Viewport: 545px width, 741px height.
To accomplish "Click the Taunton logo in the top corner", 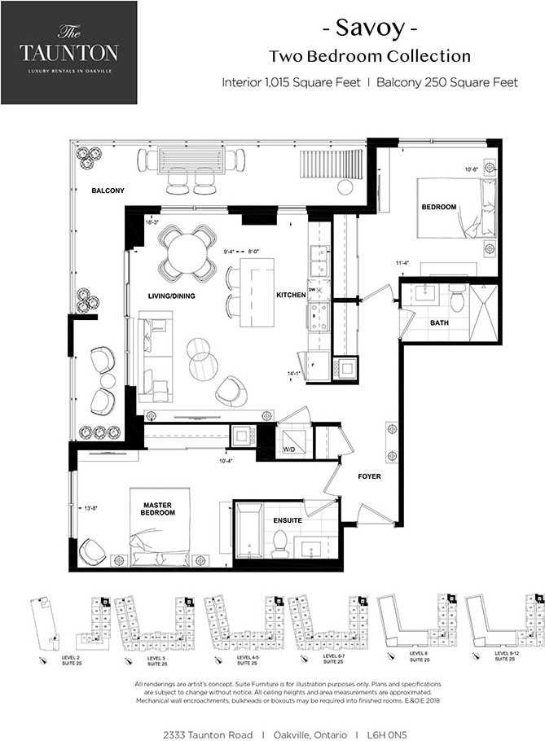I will pyautogui.click(x=69, y=52).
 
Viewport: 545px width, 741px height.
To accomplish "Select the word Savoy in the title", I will pyautogui.click(x=370, y=29).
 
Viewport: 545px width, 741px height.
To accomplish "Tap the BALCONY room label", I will pyautogui.click(x=108, y=191).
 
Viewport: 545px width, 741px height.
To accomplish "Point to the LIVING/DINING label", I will pyautogui.click(x=171, y=296).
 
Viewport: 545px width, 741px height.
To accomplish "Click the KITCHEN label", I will pyautogui.click(x=291, y=294).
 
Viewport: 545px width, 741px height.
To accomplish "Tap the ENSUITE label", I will pyautogui.click(x=288, y=520).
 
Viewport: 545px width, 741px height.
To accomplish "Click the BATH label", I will pyautogui.click(x=440, y=323).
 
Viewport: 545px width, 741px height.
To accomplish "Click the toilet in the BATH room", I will pyautogui.click(x=458, y=300).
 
